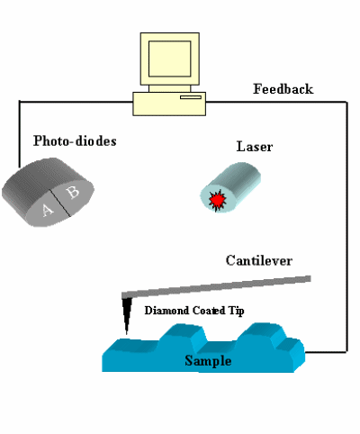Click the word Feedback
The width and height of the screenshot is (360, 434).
click(283, 89)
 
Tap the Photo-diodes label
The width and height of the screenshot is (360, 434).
click(75, 140)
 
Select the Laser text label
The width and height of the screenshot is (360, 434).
click(255, 147)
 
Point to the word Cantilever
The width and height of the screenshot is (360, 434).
click(259, 260)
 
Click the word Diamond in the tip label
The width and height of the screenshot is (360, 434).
click(166, 311)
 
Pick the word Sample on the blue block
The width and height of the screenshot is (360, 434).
click(208, 360)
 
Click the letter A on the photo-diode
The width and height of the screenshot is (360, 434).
click(47, 210)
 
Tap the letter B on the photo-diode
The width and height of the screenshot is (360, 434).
click(73, 192)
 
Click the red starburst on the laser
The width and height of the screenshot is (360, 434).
click(217, 200)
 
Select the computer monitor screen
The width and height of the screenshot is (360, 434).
click(170, 59)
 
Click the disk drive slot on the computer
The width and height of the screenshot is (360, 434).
click(191, 97)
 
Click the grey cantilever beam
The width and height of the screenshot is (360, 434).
click(216, 286)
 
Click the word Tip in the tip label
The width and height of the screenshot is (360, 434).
click(237, 311)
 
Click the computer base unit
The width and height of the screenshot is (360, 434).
click(169, 104)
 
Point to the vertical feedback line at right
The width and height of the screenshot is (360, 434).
click(347, 227)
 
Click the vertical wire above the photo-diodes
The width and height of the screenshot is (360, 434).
click(20, 134)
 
